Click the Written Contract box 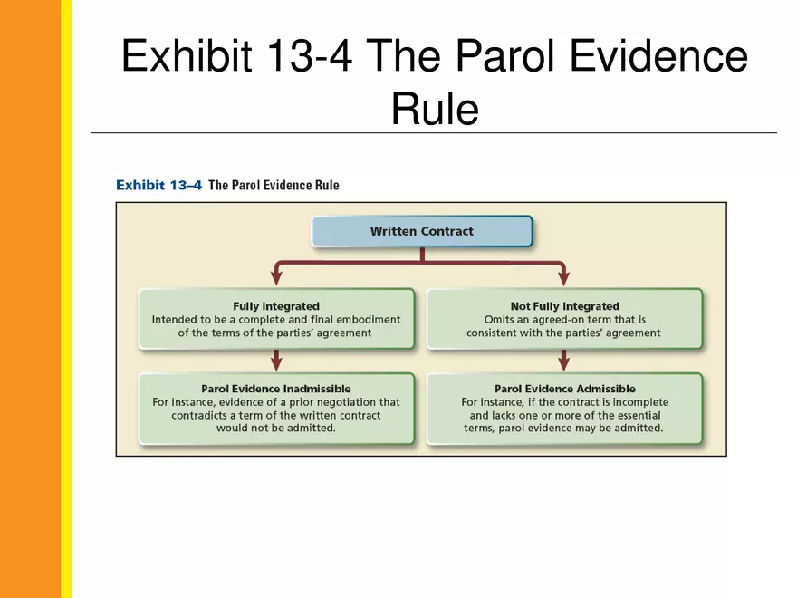tap(421, 231)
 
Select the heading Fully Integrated tap(276, 306)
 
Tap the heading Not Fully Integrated tap(564, 306)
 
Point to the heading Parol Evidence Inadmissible tap(276, 389)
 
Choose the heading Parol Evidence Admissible tap(564, 389)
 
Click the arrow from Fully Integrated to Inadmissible tap(276, 361)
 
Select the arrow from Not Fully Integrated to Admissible tap(564, 361)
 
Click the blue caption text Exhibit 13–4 tap(158, 185)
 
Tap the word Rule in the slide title tap(434, 110)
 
